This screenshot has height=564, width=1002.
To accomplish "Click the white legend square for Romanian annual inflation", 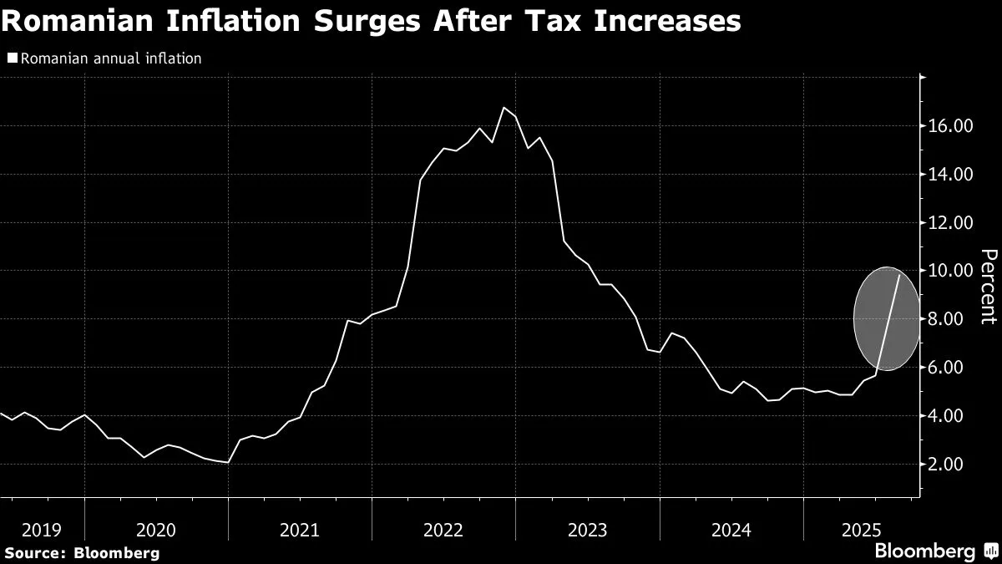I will tap(12, 58).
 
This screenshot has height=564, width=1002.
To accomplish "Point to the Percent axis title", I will tap(988, 286).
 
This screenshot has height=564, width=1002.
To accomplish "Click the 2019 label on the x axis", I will tap(42, 530).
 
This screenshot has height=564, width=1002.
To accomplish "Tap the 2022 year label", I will tap(443, 530).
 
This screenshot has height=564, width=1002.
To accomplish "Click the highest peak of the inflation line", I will tap(504, 108).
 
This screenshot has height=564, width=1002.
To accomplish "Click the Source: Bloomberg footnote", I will tap(81, 552).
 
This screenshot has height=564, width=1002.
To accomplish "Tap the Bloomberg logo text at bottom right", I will tap(924, 551).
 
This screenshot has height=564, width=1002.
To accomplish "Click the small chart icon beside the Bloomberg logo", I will tap(990, 551).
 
